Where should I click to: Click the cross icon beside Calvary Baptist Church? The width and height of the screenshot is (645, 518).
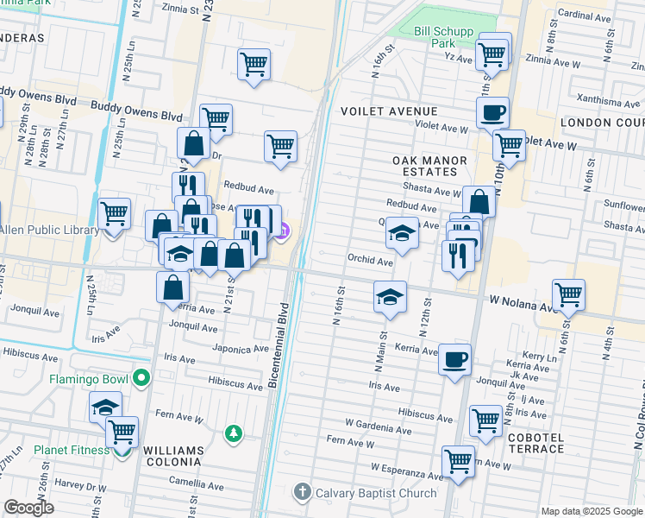[x=301, y=493]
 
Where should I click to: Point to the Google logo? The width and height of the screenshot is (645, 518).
[x=29, y=508]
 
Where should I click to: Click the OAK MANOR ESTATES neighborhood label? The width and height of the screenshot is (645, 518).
[x=429, y=166]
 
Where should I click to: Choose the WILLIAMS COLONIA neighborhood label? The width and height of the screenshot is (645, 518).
[x=173, y=457]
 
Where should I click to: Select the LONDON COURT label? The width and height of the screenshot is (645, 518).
[x=602, y=123]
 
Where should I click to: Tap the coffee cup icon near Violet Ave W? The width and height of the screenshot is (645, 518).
[x=492, y=111]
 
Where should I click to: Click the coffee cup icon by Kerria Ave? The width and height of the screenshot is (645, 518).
[x=454, y=358]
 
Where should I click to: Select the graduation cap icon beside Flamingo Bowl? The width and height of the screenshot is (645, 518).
[x=106, y=407]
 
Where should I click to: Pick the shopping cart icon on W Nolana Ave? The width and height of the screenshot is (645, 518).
[x=569, y=294]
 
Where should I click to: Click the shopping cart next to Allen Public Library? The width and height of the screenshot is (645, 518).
[x=114, y=212]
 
